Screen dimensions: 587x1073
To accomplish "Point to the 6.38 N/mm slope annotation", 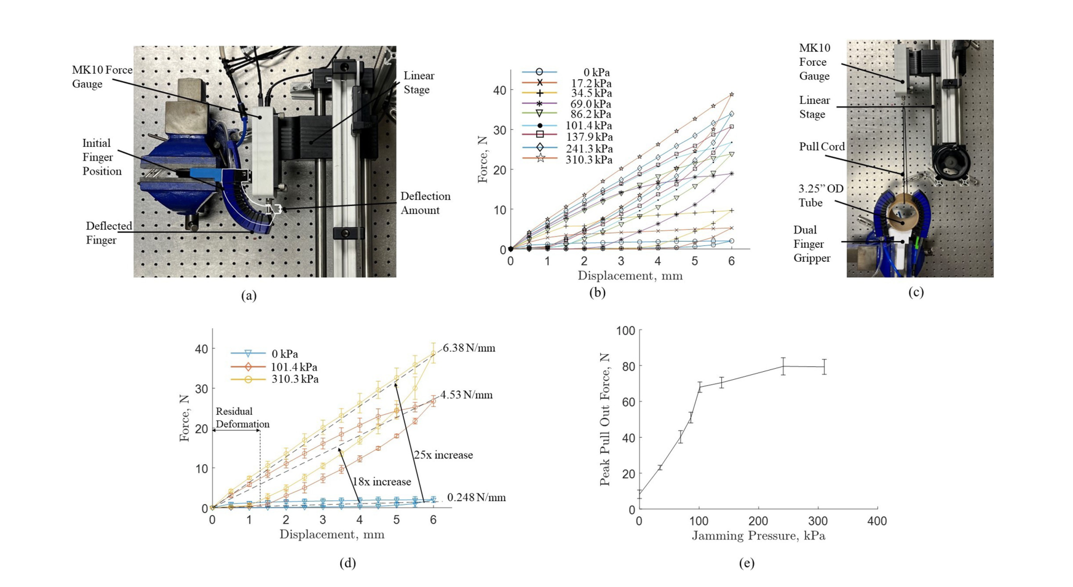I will [469, 348].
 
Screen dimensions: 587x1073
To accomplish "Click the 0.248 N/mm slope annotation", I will [476, 497].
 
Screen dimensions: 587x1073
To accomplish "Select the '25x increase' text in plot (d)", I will [443, 455].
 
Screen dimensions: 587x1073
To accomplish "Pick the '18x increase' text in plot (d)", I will [381, 482].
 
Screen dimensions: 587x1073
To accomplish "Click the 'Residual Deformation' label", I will [242, 417].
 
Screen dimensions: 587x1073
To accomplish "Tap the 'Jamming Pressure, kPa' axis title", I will [758, 536].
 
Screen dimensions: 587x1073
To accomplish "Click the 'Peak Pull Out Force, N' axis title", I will [605, 419].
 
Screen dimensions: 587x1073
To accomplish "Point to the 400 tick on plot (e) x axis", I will [877, 521].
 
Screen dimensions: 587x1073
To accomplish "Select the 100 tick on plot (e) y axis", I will [625, 331].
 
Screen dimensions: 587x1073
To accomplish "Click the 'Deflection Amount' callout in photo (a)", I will [425, 203].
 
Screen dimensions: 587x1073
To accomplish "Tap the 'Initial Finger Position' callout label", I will [101, 157].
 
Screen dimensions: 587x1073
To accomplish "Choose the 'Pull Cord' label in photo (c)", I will [822, 147].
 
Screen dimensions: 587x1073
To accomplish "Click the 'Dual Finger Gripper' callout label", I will [812, 244].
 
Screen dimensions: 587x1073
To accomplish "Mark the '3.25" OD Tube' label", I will [820, 195].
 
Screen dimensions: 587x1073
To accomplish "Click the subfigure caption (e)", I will [746, 563].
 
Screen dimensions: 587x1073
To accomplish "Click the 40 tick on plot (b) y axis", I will [499, 90].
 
